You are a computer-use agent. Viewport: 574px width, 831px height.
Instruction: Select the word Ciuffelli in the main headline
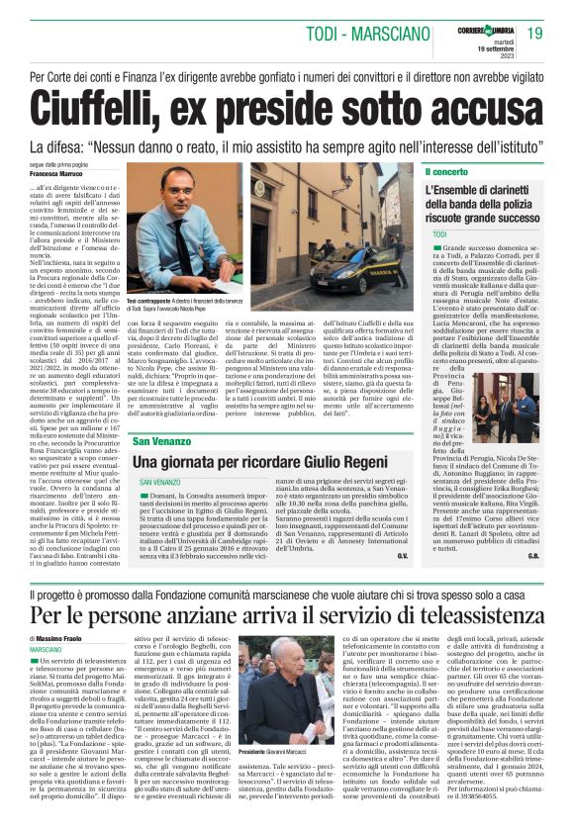[x=117, y=103]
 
